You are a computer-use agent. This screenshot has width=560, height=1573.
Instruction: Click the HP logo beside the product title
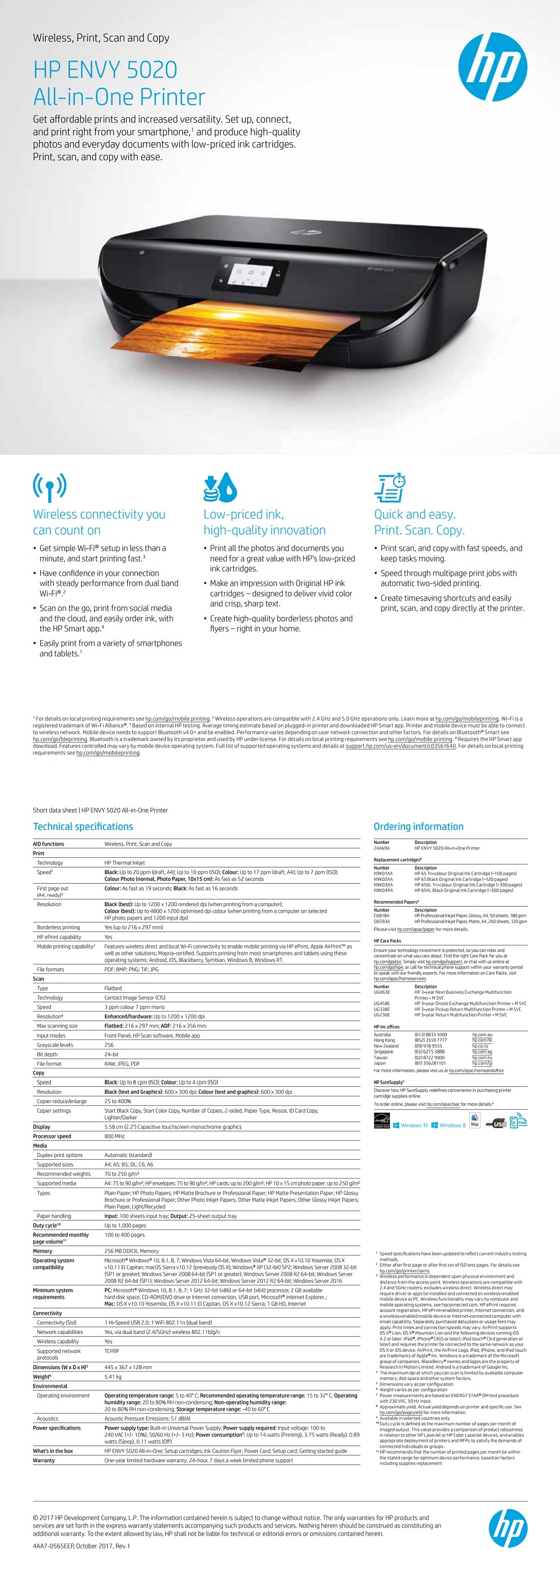tap(492, 67)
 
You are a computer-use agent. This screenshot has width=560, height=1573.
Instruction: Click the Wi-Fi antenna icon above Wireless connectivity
tap(49, 487)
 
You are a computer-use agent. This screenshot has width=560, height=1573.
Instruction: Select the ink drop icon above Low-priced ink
tap(220, 487)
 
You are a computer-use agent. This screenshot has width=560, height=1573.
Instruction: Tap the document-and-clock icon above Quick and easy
tap(390, 487)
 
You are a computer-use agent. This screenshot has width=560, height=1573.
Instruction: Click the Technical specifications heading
tap(83, 826)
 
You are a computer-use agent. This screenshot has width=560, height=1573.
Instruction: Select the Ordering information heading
tap(418, 826)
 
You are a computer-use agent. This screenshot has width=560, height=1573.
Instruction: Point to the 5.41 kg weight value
tap(113, 1377)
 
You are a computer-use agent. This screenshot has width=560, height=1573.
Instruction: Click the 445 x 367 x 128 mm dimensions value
tap(128, 1367)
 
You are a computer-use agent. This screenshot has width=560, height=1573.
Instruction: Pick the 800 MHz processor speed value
tap(114, 1136)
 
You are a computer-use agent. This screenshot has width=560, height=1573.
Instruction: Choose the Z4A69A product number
tap(382, 848)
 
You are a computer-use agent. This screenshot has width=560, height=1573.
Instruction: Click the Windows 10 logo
tap(410, 1125)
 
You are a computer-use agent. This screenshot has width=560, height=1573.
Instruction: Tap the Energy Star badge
tap(381, 1121)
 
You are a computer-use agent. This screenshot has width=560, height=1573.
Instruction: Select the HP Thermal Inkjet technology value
tap(124, 863)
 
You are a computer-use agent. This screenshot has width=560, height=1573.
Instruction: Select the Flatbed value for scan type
tap(113, 988)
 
